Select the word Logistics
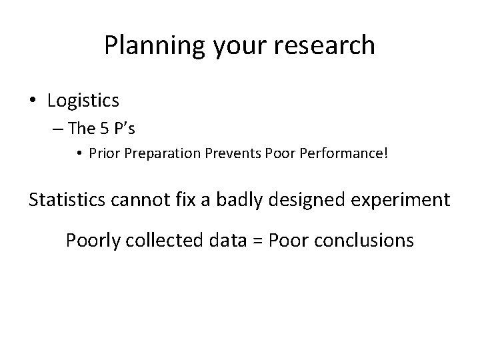click(83, 101)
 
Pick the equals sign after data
click(257, 241)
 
